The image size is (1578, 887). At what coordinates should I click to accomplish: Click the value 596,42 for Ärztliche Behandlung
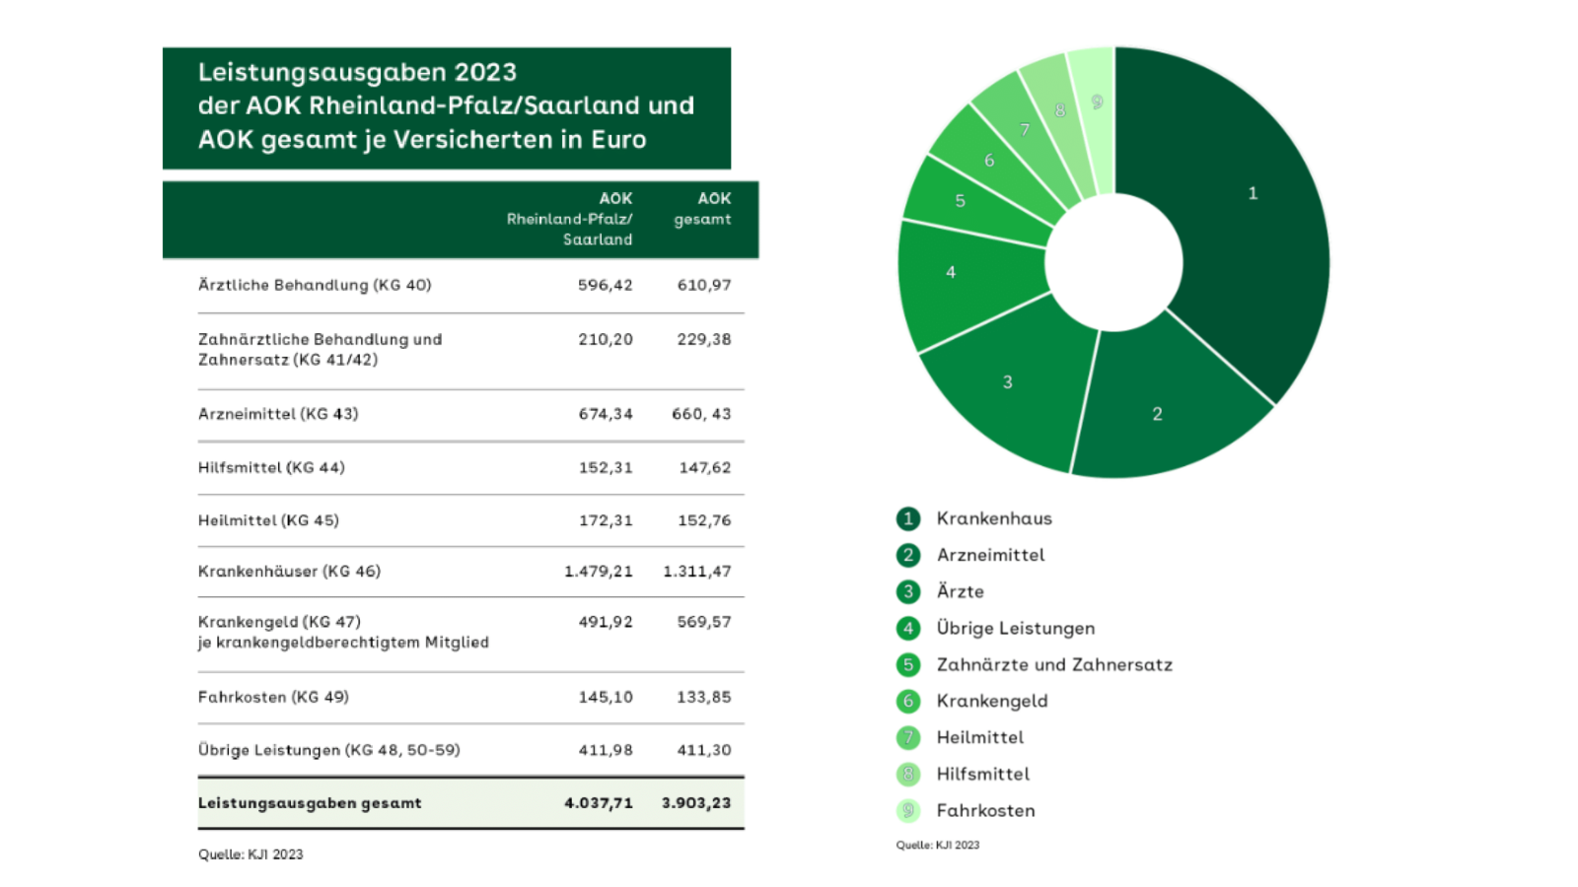pyautogui.click(x=606, y=285)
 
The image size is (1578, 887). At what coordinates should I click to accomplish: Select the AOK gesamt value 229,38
pyautogui.click(x=704, y=339)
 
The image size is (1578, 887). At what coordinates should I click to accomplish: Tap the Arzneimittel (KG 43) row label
pyautogui.click(x=278, y=414)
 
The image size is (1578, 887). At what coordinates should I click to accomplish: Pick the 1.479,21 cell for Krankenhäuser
pyautogui.click(x=598, y=571)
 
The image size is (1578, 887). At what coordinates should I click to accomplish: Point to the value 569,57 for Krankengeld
pyautogui.click(x=704, y=622)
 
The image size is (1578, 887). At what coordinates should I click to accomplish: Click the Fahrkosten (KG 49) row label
pyautogui.click(x=273, y=697)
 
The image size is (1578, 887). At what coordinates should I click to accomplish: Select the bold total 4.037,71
pyautogui.click(x=598, y=803)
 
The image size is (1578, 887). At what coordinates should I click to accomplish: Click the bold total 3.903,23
pyautogui.click(x=696, y=803)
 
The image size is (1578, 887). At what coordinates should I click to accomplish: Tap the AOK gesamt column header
pyautogui.click(x=702, y=208)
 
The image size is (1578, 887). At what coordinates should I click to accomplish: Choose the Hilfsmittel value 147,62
pyautogui.click(x=704, y=467)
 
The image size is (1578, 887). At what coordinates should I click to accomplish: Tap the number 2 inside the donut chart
pyautogui.click(x=1157, y=414)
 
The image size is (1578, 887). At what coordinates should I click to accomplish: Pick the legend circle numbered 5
pyautogui.click(x=908, y=664)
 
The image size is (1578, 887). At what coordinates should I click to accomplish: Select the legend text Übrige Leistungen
pyautogui.click(x=1016, y=628)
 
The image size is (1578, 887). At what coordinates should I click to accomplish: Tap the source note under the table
pyautogui.click(x=251, y=854)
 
